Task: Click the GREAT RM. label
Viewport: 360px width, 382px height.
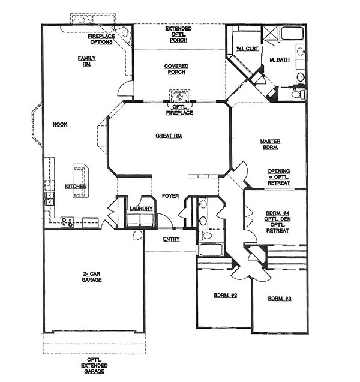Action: pos(169,136)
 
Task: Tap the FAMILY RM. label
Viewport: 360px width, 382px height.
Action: pos(87,61)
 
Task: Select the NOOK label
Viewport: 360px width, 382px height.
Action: pos(60,125)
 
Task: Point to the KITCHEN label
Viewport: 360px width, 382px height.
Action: pos(76,187)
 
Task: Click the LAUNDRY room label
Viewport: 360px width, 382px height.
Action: pos(141,209)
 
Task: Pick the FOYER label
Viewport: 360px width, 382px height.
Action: pos(170,196)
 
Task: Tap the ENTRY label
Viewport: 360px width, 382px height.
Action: pos(172,239)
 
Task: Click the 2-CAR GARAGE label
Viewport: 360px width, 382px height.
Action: pos(92,277)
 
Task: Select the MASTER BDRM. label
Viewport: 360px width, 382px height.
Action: pos(271,144)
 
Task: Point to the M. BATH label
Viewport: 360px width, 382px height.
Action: pos(280,59)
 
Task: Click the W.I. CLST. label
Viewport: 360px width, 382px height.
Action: pos(247,49)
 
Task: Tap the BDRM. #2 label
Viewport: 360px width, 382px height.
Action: pos(226,296)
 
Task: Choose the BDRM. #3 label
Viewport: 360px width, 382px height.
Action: pos(280,299)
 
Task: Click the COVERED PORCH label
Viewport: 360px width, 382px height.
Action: pos(176,69)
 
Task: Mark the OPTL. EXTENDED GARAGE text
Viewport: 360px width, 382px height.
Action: pos(94,366)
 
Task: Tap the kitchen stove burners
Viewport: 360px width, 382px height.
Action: pos(67,222)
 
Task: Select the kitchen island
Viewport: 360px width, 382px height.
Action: pos(80,181)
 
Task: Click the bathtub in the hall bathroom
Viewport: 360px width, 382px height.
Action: pos(211,249)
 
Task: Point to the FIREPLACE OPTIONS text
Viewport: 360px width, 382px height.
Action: pos(101,39)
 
